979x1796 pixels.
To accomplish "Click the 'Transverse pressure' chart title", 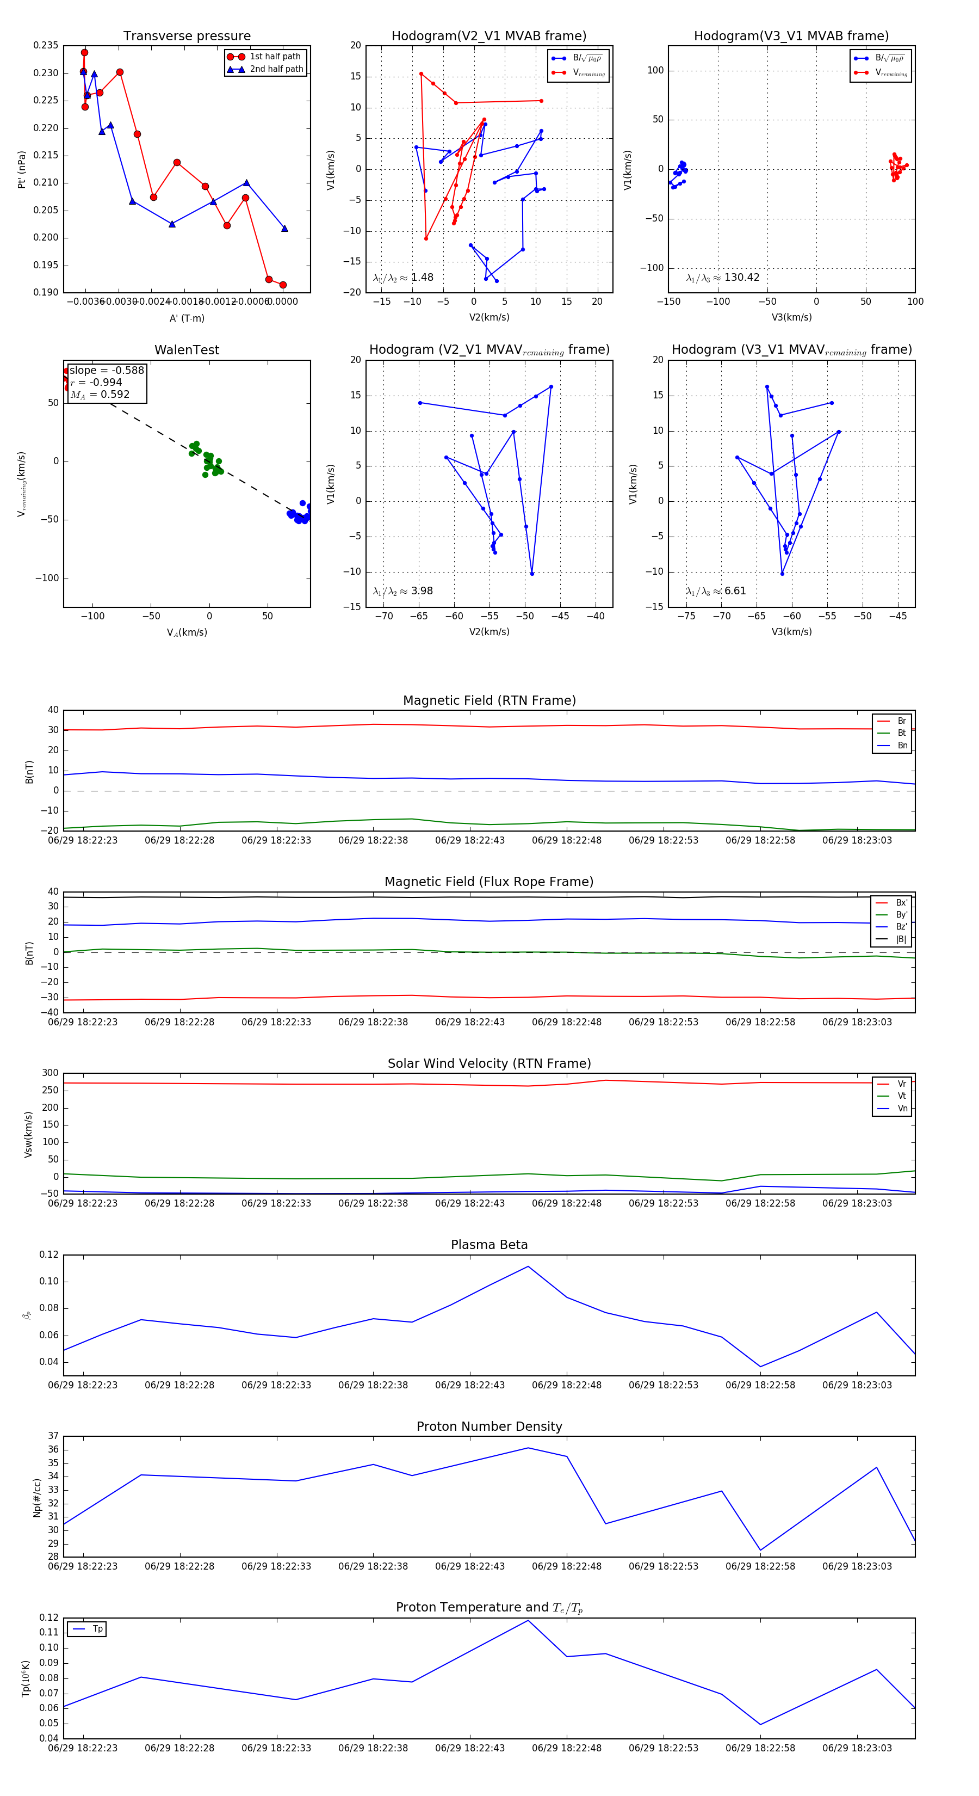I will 187,36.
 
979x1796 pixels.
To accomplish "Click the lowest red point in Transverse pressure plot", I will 283,285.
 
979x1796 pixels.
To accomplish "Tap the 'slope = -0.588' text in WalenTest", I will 107,370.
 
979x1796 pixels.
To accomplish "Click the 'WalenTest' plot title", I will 187,350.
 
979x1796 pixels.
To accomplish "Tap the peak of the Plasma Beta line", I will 528,1266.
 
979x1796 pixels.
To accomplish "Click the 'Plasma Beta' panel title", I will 489,1245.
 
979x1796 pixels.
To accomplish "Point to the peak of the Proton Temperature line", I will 528,1620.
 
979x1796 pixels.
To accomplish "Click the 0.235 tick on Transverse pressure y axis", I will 46,45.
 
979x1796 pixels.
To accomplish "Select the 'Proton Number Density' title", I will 489,1426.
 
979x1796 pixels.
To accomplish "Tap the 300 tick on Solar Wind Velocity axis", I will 50,1073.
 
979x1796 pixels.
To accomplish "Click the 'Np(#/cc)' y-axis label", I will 37,1498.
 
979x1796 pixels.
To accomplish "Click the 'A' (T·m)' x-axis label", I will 187,318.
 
